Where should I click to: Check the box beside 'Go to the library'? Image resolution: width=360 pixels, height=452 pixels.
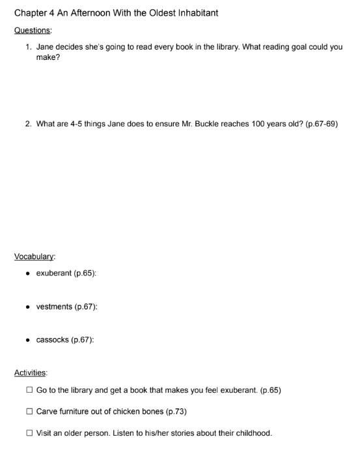coord(30,390)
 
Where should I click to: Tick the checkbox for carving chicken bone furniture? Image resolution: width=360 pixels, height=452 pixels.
coord(30,411)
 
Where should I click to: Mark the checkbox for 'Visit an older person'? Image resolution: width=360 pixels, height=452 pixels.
coord(30,432)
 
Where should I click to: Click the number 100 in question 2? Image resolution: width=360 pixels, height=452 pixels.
coord(257,123)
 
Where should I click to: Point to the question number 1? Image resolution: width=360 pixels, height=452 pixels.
coord(29,48)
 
